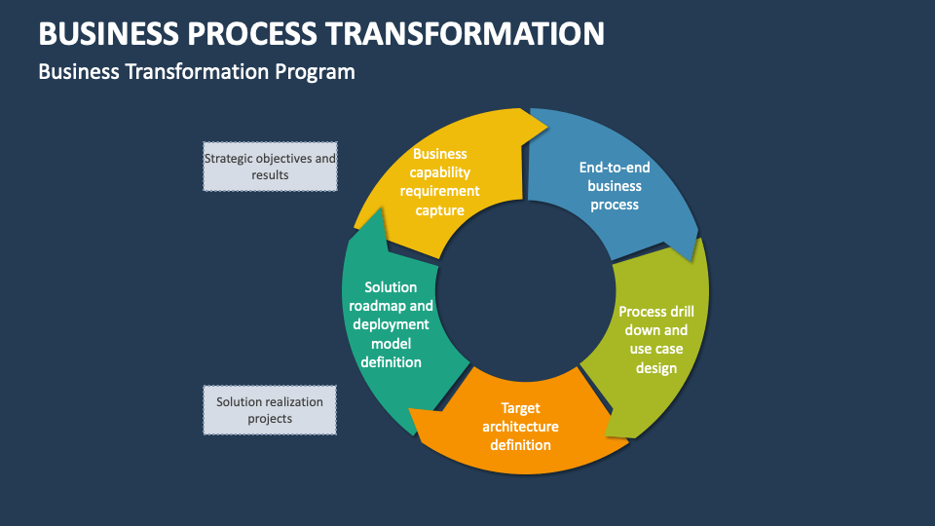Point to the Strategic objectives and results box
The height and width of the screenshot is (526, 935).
pos(270,167)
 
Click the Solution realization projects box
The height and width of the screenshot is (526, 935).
pos(270,410)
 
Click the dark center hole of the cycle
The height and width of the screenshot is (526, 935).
pos(526,292)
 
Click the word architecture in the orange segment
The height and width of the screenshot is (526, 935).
pos(521,427)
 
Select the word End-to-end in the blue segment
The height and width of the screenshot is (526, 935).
pos(614,168)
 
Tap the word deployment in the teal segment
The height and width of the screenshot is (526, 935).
pos(391,324)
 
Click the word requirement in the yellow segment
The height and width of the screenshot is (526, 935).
pos(439,191)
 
